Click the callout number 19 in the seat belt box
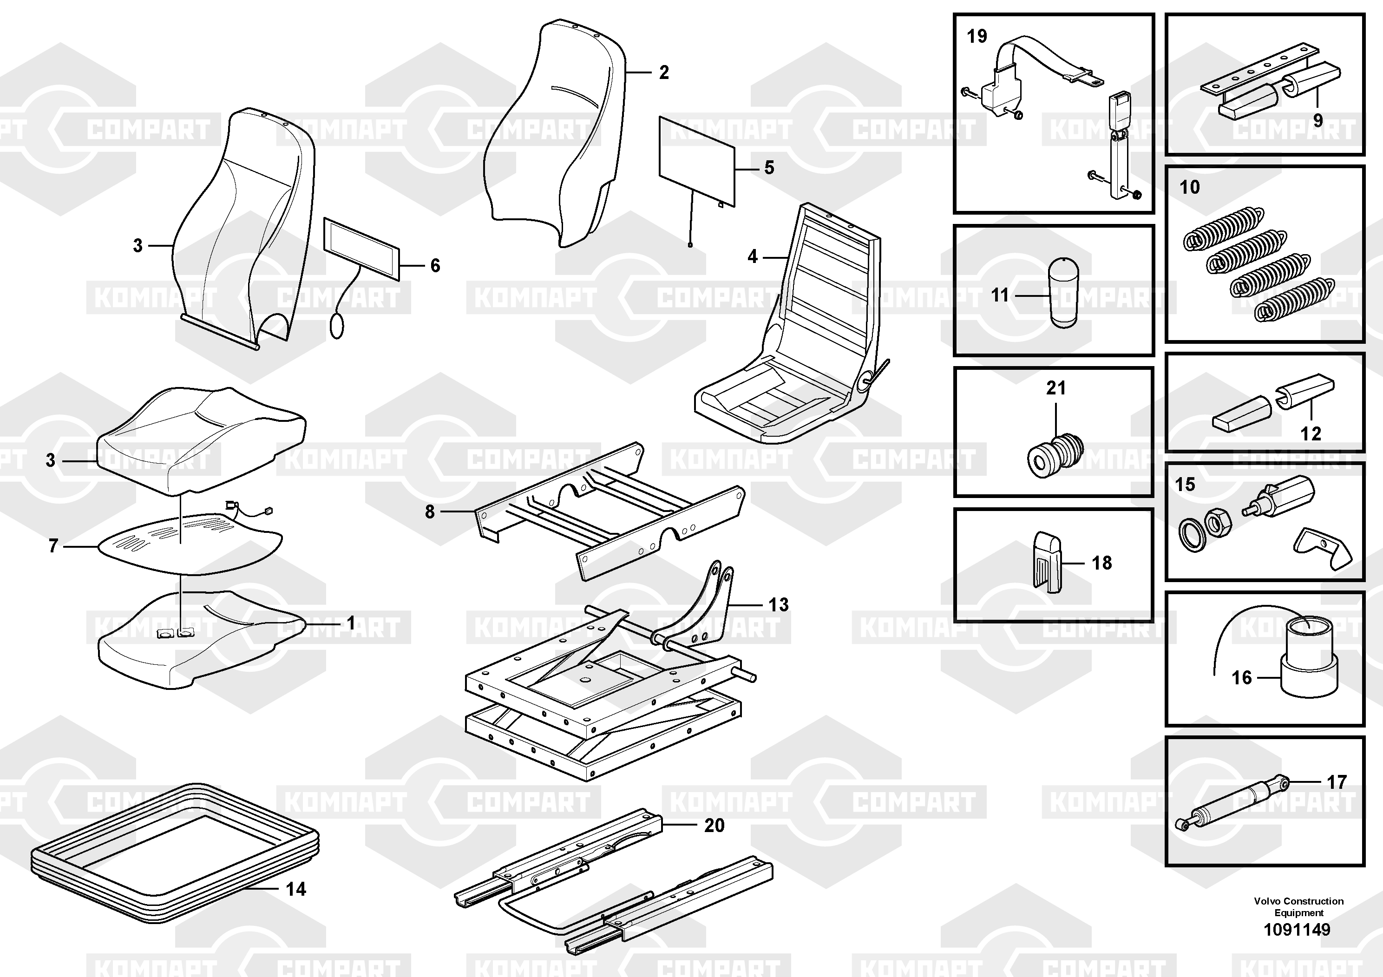click(977, 36)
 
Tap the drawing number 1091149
click(1297, 930)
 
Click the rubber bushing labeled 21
click(1054, 455)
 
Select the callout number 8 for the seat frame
click(429, 512)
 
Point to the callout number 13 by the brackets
click(778, 605)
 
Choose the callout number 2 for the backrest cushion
click(664, 72)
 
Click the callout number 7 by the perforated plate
click(53, 546)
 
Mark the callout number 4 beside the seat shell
click(752, 256)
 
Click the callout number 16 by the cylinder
click(1241, 678)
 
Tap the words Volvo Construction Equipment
click(1298, 906)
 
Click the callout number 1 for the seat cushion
click(351, 623)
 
